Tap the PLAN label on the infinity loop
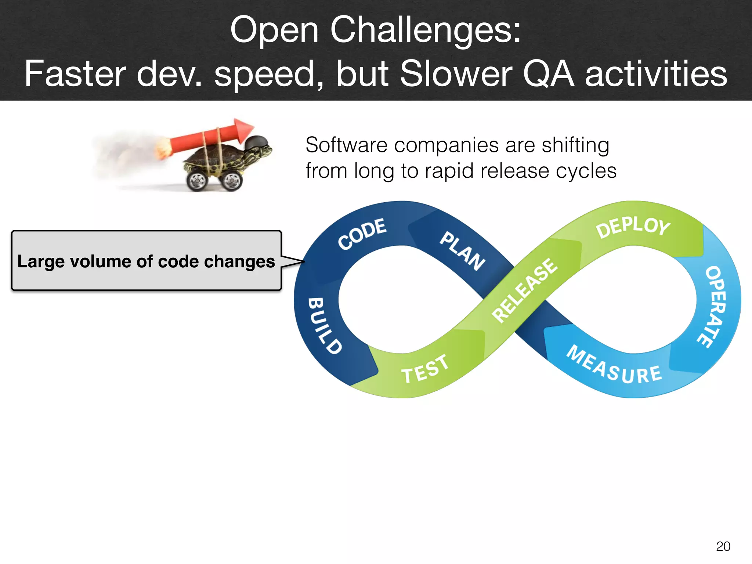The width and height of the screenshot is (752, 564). [463, 251]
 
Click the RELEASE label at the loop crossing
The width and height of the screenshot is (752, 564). [525, 290]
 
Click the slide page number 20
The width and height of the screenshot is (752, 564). [723, 546]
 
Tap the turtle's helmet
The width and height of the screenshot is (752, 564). [257, 142]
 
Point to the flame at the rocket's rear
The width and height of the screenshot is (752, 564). [162, 149]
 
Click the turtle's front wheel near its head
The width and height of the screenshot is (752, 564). [231, 180]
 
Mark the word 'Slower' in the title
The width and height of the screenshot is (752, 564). [455, 74]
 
